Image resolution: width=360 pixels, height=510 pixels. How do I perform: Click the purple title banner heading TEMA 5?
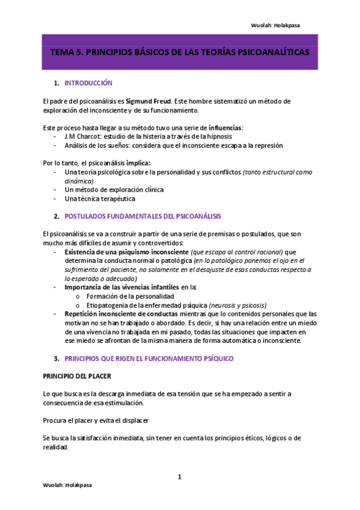tap(180, 52)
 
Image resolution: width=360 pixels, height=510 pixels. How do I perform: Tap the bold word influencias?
tap(225, 128)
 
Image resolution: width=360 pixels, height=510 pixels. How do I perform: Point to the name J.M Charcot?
tap(84, 137)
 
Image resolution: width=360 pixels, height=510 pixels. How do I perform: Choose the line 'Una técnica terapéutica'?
tap(99, 198)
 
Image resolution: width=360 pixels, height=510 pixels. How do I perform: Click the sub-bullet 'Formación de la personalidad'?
tap(130, 296)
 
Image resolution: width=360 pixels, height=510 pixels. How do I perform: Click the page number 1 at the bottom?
tap(179, 478)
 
